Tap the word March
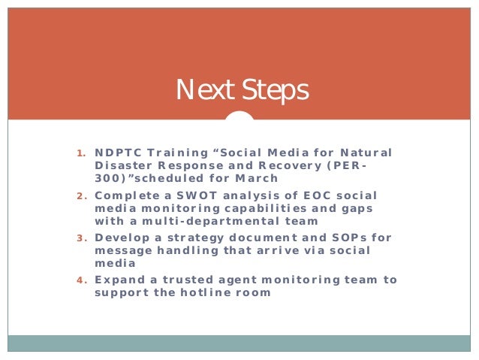point(258,178)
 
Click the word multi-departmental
point(202,221)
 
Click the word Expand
point(116,280)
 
